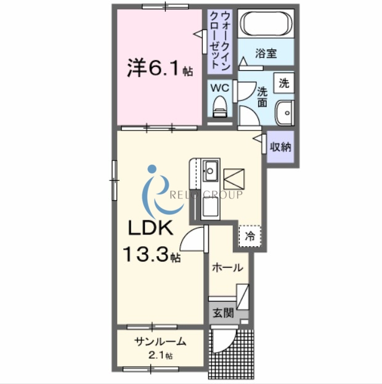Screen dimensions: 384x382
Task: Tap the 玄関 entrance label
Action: pyautogui.click(x=223, y=313)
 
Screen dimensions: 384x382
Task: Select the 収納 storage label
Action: pyautogui.click(x=281, y=147)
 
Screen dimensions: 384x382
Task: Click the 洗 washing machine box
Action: pyautogui.click(x=283, y=83)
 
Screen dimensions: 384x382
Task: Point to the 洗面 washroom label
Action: pyautogui.click(x=262, y=96)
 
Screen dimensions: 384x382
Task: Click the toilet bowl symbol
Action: pyautogui.click(x=219, y=110)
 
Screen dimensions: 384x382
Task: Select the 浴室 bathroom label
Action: pyautogui.click(x=266, y=54)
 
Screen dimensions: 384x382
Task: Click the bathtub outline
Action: pyautogui.click(x=266, y=25)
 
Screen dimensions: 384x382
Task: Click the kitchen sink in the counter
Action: pyautogui.click(x=211, y=169)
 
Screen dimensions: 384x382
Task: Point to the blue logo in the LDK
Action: pyautogui.click(x=152, y=188)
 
